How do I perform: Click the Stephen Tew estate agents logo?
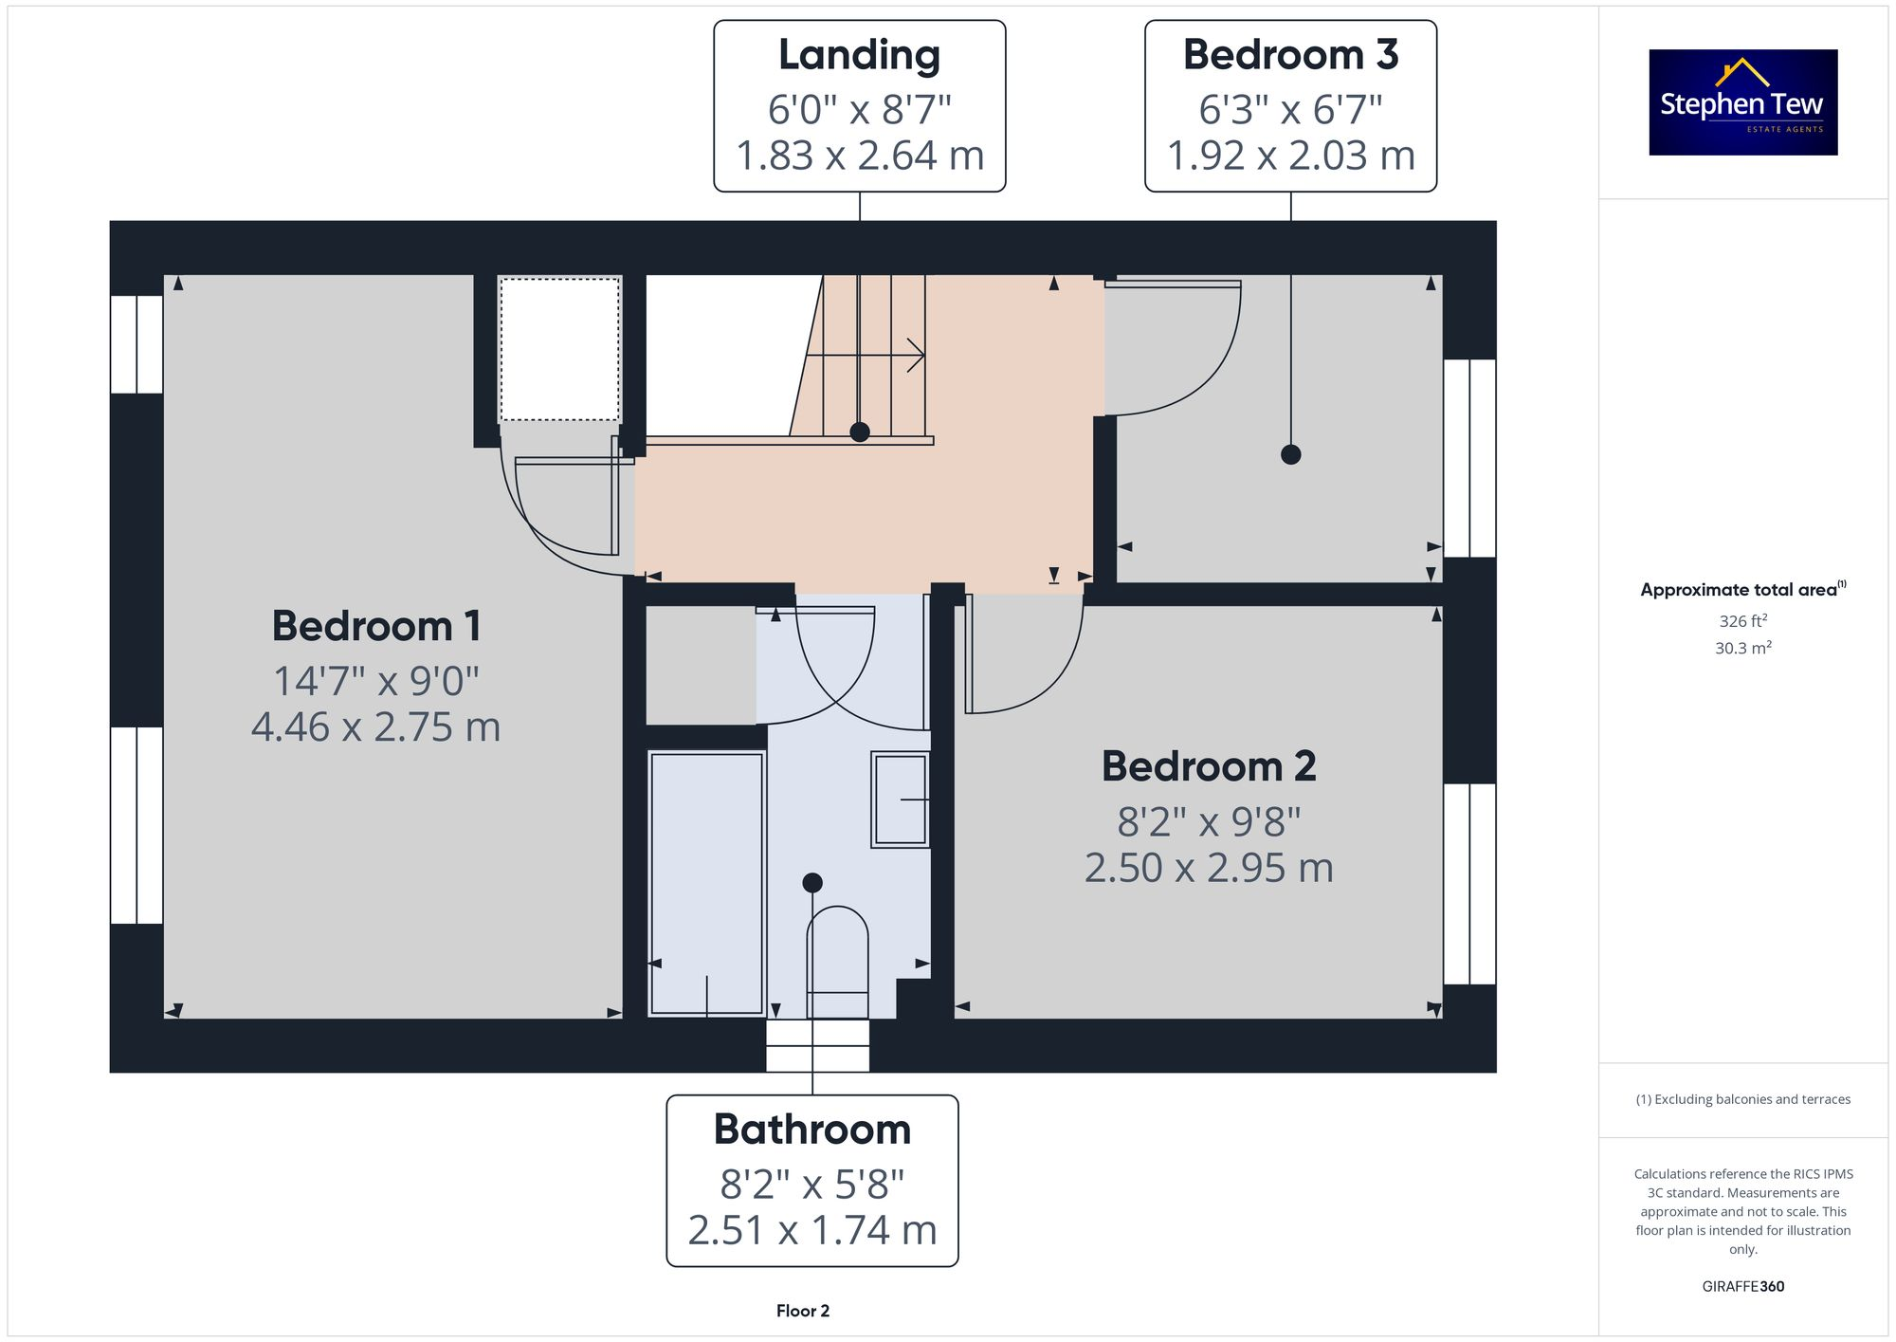click(1742, 102)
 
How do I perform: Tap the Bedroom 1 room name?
click(376, 626)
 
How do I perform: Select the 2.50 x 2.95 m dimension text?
click(1208, 868)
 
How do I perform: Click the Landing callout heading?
click(859, 55)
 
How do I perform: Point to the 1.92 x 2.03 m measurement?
click(1290, 156)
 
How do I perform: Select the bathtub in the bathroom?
click(706, 882)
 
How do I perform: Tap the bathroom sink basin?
click(900, 800)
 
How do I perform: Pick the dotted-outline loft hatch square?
click(559, 349)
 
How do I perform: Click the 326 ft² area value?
click(1742, 621)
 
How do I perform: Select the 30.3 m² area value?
click(1742, 648)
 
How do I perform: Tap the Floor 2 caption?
click(802, 1311)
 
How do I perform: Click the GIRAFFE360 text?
click(1742, 1286)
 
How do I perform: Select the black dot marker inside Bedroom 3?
click(1290, 454)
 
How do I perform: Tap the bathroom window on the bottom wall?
click(817, 1045)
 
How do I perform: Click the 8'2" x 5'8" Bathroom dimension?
click(811, 1184)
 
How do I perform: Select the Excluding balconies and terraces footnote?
click(1742, 1099)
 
